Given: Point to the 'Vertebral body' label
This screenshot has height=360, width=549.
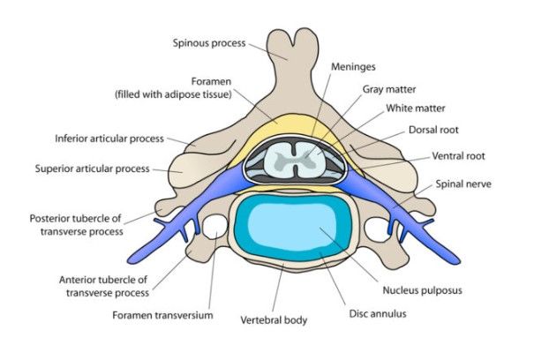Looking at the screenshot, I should [x=274, y=320].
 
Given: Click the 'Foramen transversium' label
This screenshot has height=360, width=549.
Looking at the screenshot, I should [x=162, y=313].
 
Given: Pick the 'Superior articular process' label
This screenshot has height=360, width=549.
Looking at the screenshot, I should [x=93, y=168].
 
